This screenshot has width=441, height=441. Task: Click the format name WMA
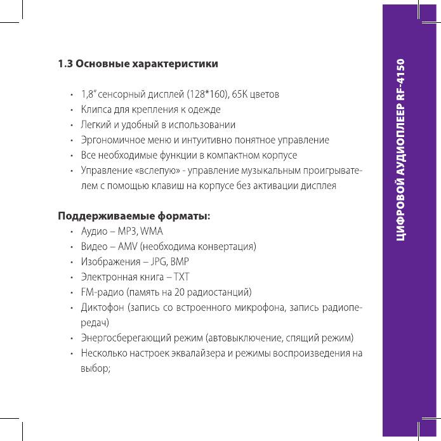[x=152, y=231]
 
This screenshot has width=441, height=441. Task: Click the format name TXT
[x=181, y=277]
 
